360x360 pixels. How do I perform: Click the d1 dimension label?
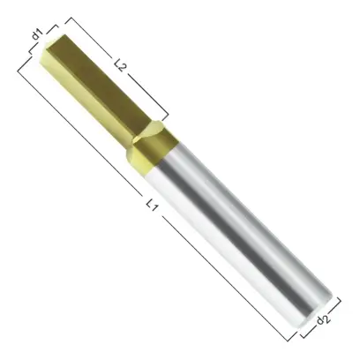37,34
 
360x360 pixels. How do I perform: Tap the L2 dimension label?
120,64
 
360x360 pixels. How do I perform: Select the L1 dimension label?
152,205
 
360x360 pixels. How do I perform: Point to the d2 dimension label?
323,319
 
